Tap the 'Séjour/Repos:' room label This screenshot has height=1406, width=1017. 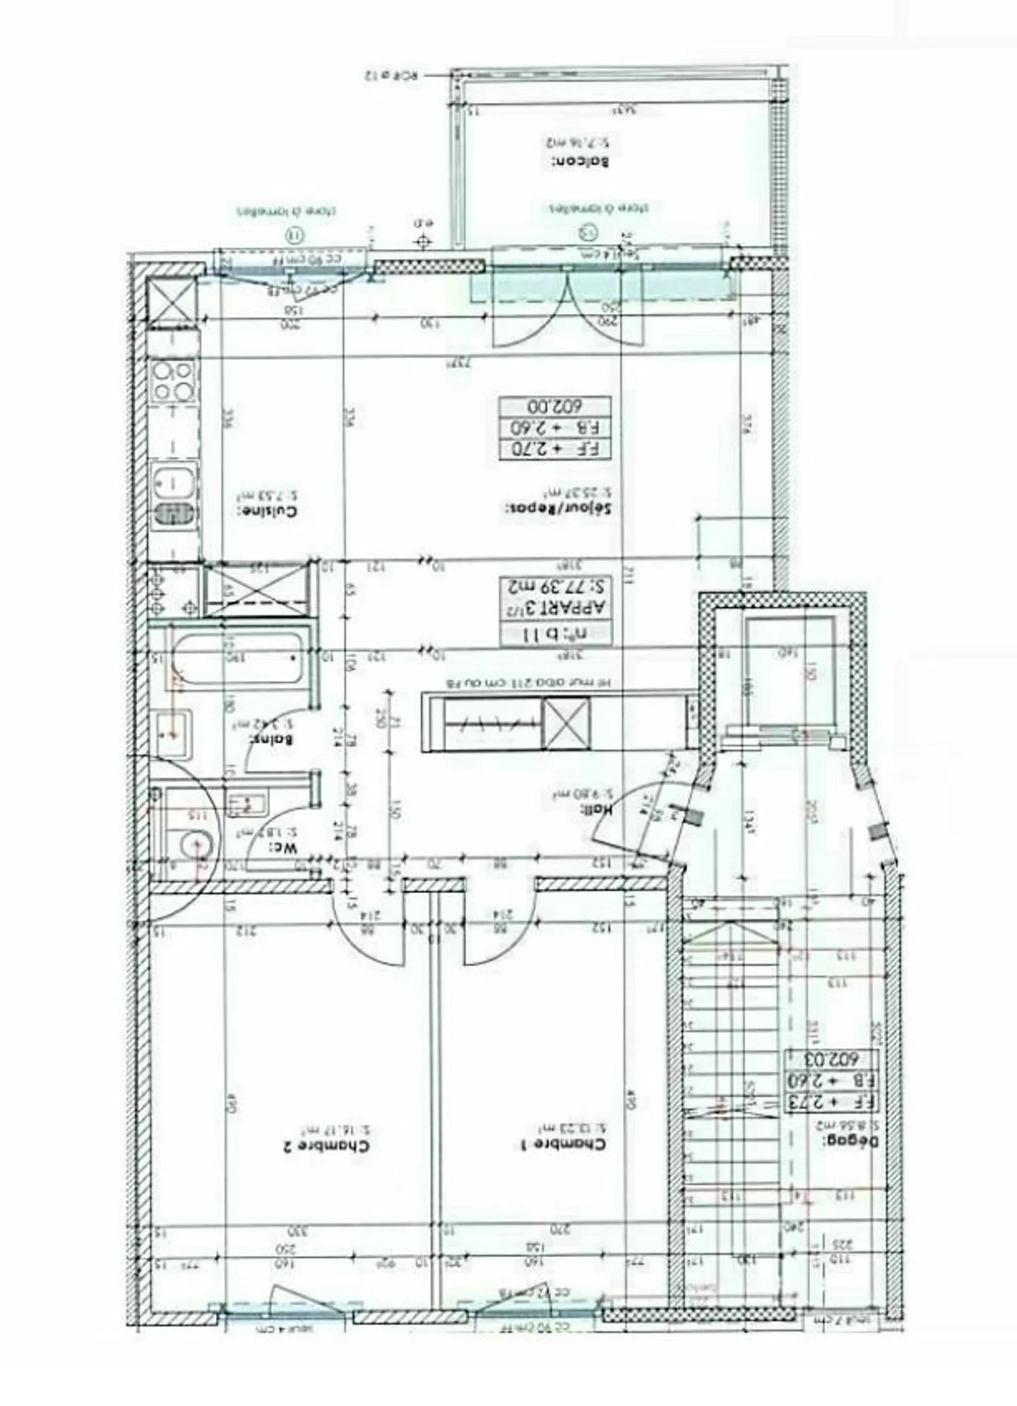point(557,508)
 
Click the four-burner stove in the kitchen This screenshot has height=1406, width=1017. point(174,381)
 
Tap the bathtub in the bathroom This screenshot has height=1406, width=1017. point(235,657)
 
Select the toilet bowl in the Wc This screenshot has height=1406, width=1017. point(194,843)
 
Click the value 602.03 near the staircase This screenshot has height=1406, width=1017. point(832,1059)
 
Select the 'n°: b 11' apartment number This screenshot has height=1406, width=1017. point(556,633)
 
